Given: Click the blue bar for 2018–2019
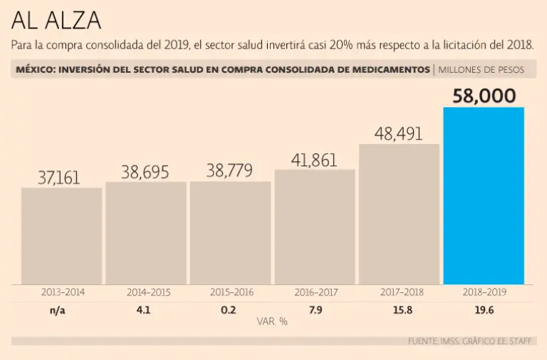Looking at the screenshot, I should tap(484, 195).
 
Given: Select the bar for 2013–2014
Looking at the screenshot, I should tap(61, 235).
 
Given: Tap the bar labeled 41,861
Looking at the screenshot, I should tap(315, 226).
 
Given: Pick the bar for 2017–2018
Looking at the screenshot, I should tap(399, 214).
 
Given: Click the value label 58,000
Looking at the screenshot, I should tap(484, 96).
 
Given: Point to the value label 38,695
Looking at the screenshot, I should tap(145, 172).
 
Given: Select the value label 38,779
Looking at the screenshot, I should tap(230, 171).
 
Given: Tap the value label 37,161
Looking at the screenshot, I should tap(59, 178).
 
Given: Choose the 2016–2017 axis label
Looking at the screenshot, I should tap(316, 292).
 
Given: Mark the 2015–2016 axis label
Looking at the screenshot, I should tap(231, 292).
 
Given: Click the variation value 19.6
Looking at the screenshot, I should tap(484, 309).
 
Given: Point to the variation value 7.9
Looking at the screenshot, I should tap(316, 309).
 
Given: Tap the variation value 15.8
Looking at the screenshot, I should tap(399, 309).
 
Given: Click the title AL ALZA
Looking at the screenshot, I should tap(56, 20).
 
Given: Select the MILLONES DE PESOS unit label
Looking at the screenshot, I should tap(481, 70).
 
